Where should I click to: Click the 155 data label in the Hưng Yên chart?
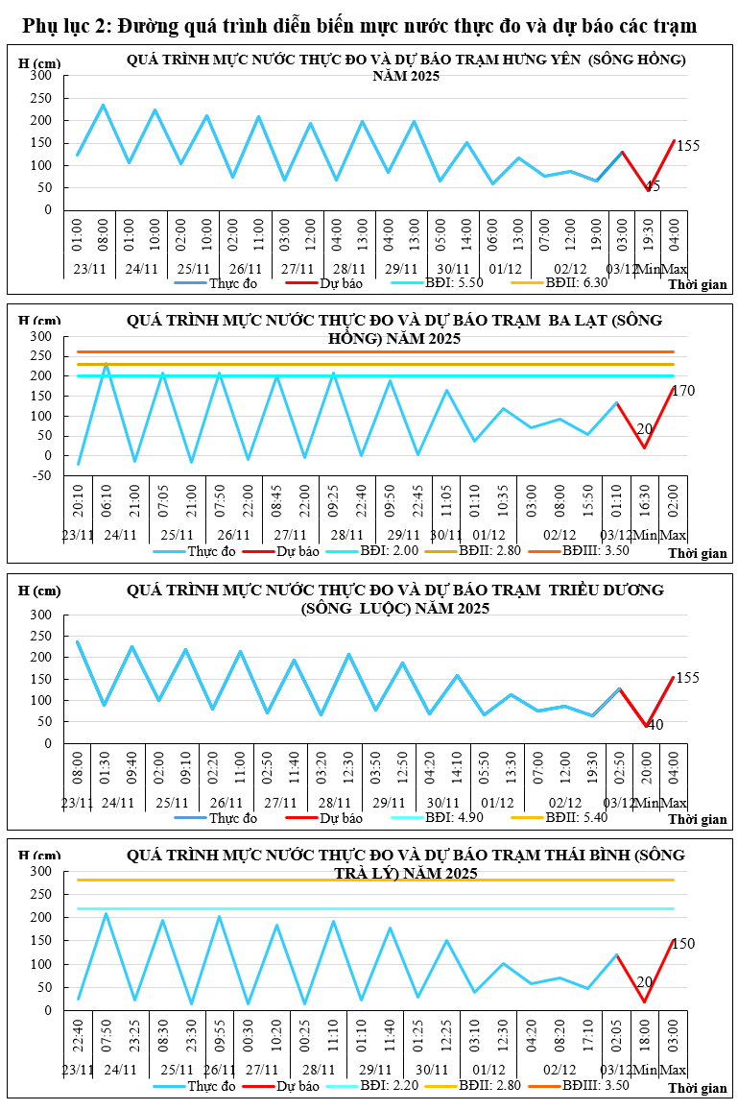[x=688, y=147]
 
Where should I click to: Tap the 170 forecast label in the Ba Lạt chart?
[x=683, y=391]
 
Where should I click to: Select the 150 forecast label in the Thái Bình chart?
[x=683, y=944]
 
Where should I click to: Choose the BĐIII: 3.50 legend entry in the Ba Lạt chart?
[x=595, y=551]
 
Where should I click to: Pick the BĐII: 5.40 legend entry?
[x=577, y=817]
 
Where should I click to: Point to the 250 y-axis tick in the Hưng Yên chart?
[x=40, y=98]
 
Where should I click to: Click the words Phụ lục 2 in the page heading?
[x=62, y=25]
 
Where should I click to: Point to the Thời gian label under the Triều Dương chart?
[x=698, y=819]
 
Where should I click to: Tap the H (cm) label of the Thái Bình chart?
[x=39, y=856]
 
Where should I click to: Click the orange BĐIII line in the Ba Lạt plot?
[x=384, y=352]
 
